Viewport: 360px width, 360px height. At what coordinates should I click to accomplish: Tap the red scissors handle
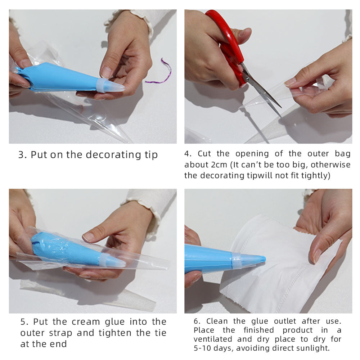[230, 46]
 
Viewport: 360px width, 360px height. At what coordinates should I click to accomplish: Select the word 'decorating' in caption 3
[113, 155]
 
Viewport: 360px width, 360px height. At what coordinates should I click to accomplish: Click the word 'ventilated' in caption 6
[213, 339]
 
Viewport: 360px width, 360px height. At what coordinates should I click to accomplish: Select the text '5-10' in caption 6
[202, 348]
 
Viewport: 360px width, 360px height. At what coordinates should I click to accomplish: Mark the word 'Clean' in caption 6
[217, 321]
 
